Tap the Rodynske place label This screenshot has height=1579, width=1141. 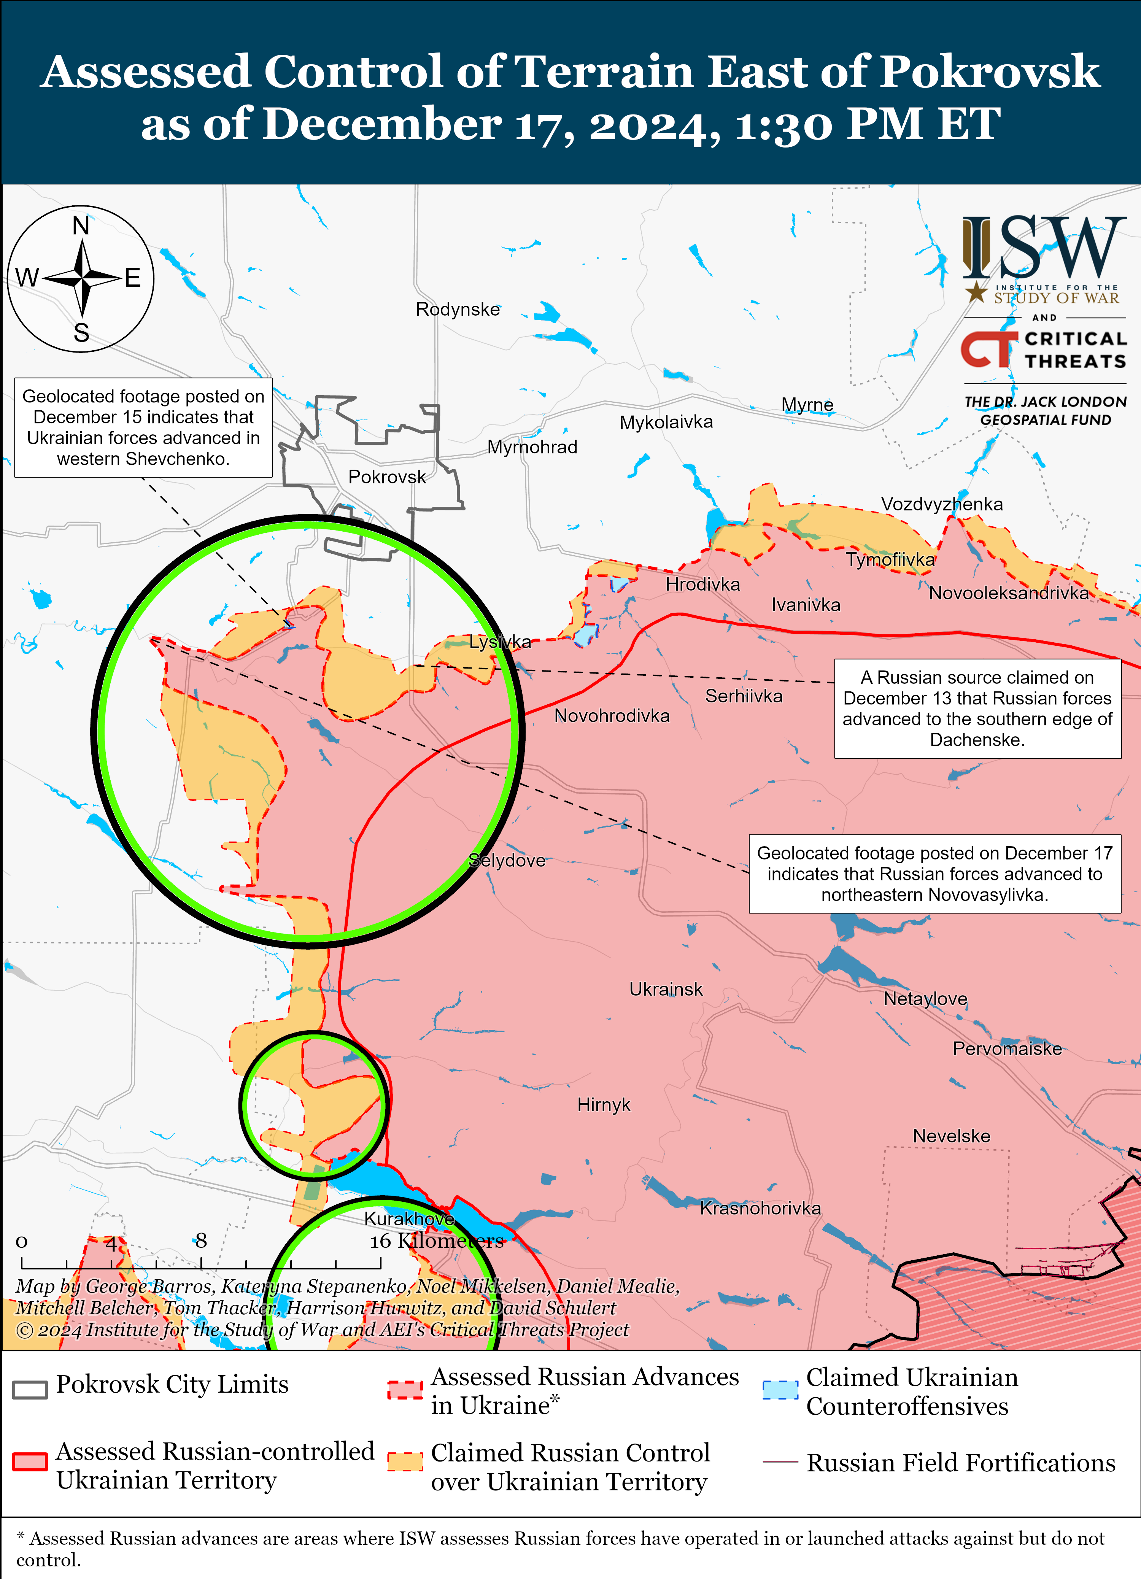click(458, 309)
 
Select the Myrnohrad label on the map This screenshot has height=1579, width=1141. click(532, 447)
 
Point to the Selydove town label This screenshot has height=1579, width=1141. click(507, 861)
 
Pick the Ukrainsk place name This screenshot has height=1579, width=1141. click(666, 989)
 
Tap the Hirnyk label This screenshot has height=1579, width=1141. click(604, 1105)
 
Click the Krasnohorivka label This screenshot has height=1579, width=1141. click(760, 1208)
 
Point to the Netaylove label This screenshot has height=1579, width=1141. click(925, 999)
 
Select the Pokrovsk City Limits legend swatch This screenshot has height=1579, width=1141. click(30, 1389)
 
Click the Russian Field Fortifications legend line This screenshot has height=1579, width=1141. click(780, 1462)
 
